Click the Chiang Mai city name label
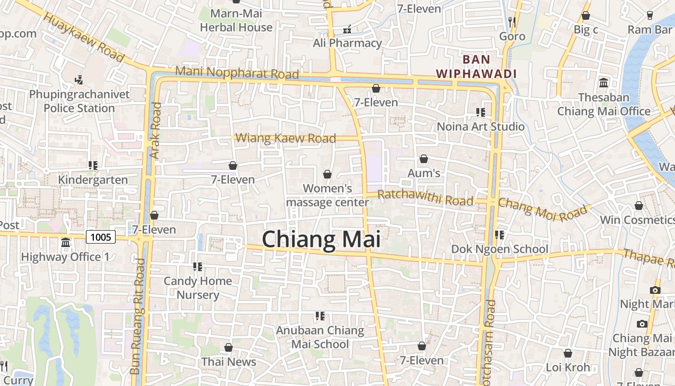click(x=321, y=240)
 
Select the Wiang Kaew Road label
click(x=285, y=138)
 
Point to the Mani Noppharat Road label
click(x=237, y=73)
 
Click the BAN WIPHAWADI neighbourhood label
click(x=476, y=67)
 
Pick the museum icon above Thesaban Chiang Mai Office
click(x=604, y=83)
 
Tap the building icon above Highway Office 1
click(x=66, y=242)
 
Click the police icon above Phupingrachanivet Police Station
click(x=79, y=79)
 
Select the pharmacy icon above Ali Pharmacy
click(x=347, y=29)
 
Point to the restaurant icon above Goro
click(x=512, y=22)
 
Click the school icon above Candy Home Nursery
click(x=197, y=266)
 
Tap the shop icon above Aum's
click(x=424, y=159)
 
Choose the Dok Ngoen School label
click(x=499, y=249)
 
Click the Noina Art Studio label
click(x=481, y=126)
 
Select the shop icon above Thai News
click(x=229, y=347)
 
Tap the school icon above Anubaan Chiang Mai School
click(x=320, y=316)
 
